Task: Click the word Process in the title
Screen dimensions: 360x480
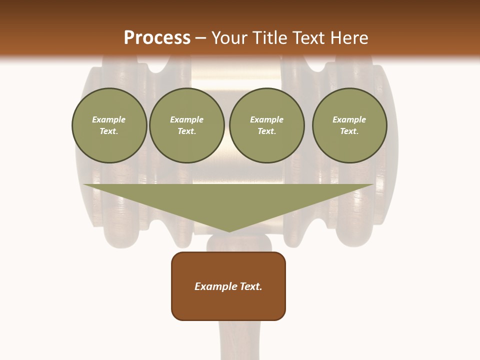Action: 157,38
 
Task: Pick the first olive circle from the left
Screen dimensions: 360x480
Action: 109,125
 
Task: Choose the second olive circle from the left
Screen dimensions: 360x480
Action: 187,125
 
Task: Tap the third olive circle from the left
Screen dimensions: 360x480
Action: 267,125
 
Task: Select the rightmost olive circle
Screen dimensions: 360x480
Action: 349,125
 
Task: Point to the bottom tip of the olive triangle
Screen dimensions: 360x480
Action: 229,231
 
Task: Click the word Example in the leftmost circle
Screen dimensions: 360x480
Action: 109,119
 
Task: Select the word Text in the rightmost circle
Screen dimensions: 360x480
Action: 349,131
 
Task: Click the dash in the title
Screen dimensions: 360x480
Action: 201,38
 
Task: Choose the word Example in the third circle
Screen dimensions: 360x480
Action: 266,119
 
